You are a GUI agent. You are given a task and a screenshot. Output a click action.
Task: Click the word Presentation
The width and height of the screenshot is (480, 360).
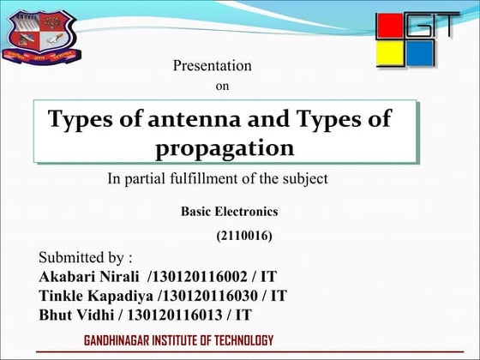(x=212, y=66)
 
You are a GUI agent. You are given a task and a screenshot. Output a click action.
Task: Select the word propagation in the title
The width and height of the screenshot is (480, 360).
(x=225, y=147)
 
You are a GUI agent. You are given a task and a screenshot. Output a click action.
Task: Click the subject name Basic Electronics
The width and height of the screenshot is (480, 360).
(x=229, y=212)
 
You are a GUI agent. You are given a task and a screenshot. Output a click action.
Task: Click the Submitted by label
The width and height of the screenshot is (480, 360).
(x=85, y=258)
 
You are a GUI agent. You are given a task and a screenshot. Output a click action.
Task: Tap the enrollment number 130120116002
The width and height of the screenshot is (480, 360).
(x=198, y=277)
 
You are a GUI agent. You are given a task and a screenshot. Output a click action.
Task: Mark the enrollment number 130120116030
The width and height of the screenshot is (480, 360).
(x=208, y=296)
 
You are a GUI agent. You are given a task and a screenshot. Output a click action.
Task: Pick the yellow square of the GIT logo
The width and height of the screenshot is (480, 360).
(x=391, y=55)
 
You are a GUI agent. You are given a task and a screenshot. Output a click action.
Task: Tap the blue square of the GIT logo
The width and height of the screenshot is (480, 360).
(x=420, y=55)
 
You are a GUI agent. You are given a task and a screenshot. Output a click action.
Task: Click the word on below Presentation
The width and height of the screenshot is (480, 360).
(x=221, y=86)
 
